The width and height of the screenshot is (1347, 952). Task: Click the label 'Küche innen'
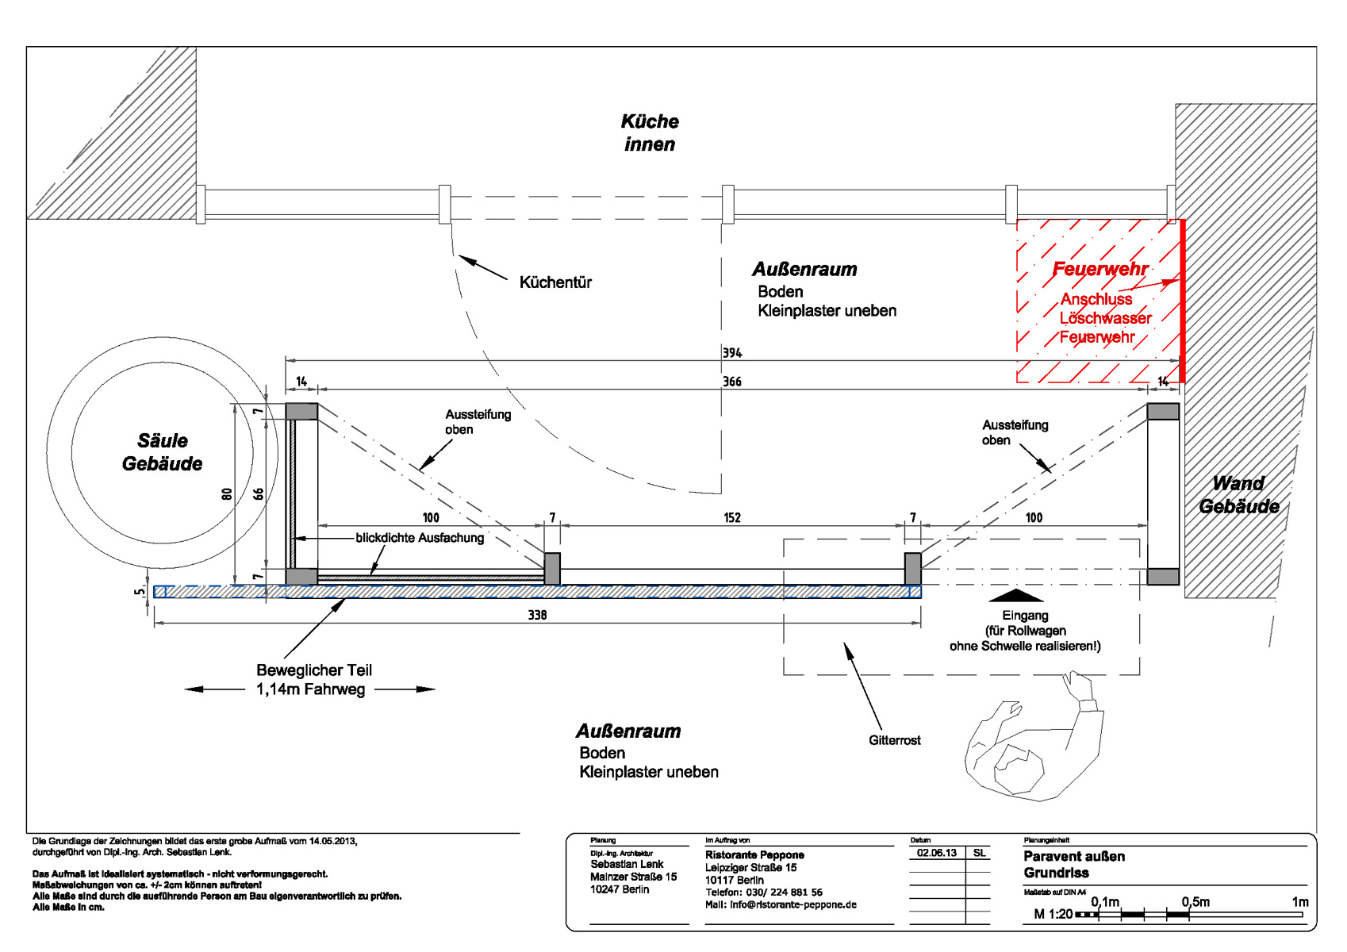650,132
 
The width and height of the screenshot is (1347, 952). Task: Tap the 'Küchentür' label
555,282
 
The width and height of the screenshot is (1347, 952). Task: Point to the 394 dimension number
732,353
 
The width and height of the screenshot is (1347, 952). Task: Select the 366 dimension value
732,382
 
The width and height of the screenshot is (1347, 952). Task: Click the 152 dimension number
732,518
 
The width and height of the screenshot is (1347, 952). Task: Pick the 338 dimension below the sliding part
537,615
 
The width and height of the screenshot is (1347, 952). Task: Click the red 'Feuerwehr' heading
1099,269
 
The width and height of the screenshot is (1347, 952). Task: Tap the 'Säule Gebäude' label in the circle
163,452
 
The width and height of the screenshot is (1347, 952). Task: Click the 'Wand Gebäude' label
1238,494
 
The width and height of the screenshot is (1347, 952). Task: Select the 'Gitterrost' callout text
894,740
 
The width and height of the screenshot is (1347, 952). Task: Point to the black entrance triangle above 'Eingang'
1017,595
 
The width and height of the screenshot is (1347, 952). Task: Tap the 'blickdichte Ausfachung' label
420,538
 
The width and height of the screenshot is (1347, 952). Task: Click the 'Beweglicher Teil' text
314,670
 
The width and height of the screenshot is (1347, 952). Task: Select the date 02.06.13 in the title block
937,853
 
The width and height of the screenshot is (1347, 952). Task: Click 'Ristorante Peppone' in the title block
754,855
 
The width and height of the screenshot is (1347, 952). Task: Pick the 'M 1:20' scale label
1053,914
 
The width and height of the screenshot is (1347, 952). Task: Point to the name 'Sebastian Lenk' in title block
627,864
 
